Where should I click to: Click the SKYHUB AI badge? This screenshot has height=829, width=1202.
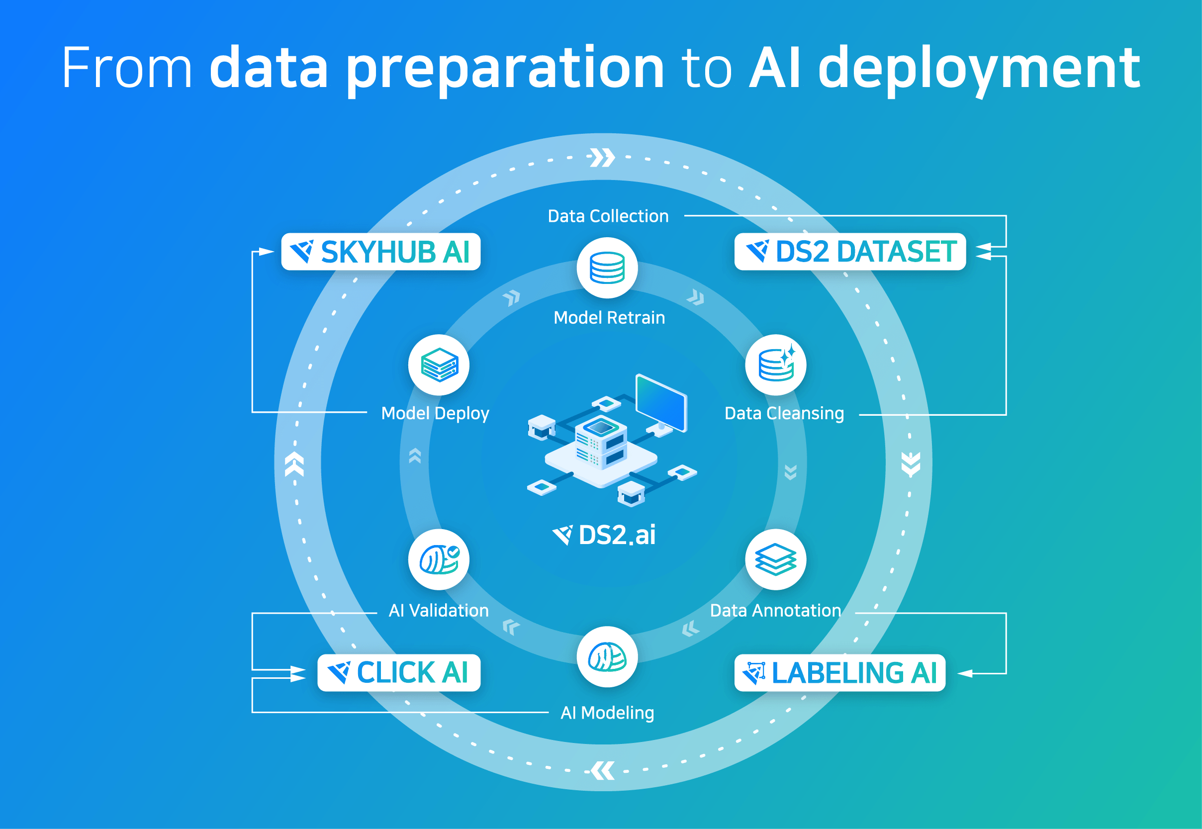pos(381,252)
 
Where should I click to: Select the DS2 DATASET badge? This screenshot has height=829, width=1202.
pos(850,252)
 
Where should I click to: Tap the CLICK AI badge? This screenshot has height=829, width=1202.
pos(398,673)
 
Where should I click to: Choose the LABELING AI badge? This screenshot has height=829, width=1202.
pos(839,673)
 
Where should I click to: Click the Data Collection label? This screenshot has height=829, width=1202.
pos(608,216)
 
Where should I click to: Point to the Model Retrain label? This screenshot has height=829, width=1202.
pos(609,317)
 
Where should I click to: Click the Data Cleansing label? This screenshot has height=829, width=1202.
pos(784,413)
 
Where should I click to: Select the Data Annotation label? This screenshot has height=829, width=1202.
pos(775,610)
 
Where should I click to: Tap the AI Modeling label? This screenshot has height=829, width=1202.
pos(607,713)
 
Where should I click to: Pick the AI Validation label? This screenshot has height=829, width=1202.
pos(439,610)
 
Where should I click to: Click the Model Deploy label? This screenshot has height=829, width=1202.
pos(435,413)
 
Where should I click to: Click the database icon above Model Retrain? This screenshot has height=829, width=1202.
pos(607,268)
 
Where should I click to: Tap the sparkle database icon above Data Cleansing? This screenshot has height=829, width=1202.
pos(775,365)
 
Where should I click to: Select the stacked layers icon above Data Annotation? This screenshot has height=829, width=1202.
pos(775,559)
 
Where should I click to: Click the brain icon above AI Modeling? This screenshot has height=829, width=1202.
pos(607,656)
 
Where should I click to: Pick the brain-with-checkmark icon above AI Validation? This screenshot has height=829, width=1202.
pos(439,559)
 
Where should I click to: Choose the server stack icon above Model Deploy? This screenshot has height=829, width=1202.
pos(439,365)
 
